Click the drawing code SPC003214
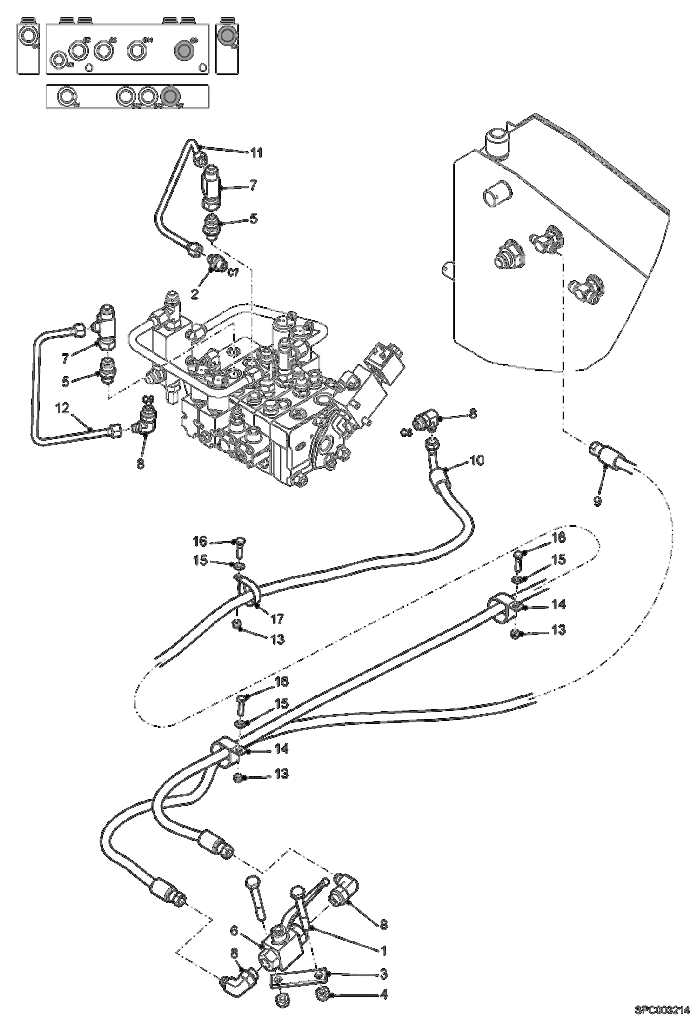[x=665, y=1010]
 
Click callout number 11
[x=257, y=152]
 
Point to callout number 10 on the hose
[x=477, y=460]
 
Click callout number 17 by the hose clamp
[x=278, y=619]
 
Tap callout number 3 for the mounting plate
[x=383, y=973]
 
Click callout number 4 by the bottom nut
[x=383, y=994]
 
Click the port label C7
[x=233, y=273]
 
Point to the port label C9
[x=148, y=399]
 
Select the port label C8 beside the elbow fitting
[x=406, y=432]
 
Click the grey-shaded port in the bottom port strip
[x=170, y=96]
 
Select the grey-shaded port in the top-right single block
[x=227, y=36]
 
